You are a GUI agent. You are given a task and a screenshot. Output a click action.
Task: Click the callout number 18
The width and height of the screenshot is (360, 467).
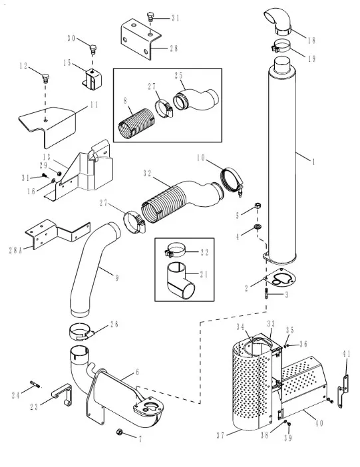(x=311, y=40)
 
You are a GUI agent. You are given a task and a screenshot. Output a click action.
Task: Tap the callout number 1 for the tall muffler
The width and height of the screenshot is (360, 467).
(x=313, y=162)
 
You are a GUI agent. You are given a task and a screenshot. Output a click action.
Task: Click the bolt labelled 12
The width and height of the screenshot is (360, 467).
(x=46, y=78)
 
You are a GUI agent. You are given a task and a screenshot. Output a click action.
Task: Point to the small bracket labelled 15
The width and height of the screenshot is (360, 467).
(x=92, y=80)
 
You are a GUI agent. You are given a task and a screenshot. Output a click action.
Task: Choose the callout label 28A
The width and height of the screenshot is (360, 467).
(x=15, y=250)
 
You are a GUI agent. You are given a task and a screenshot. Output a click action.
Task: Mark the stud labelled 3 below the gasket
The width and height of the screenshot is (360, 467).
(x=266, y=293)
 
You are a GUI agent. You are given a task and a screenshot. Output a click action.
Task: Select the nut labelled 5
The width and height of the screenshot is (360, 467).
(x=258, y=206)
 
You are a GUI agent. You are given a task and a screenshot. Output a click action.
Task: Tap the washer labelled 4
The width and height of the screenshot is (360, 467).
(x=258, y=227)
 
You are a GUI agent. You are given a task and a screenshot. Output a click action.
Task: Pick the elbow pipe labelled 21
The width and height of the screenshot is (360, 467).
(x=180, y=281)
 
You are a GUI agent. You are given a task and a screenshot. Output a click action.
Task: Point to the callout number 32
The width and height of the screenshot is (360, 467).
(x=147, y=174)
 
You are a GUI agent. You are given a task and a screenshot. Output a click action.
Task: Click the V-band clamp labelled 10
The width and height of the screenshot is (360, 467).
(x=232, y=182)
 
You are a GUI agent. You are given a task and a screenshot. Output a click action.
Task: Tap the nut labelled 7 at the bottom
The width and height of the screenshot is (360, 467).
(x=120, y=432)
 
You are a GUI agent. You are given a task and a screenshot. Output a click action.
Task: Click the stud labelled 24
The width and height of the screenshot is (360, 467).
(x=35, y=385)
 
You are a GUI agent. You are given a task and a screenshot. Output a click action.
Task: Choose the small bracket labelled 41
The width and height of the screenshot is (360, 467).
(x=343, y=391)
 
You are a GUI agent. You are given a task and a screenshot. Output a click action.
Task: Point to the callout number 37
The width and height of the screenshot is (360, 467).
(x=220, y=436)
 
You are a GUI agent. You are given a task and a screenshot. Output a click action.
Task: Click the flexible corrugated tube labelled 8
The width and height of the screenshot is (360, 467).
(x=136, y=123)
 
